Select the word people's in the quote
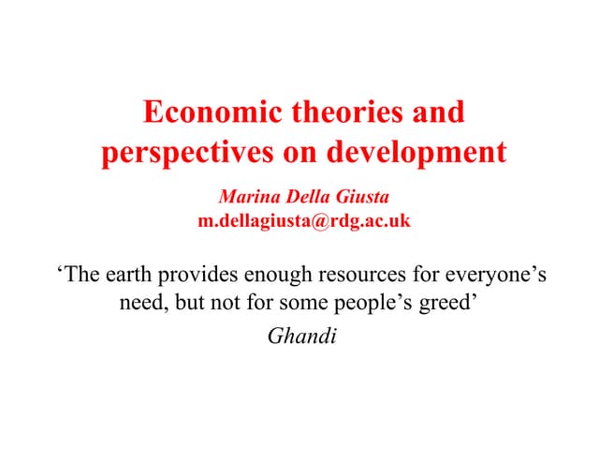click(x=381, y=305)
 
